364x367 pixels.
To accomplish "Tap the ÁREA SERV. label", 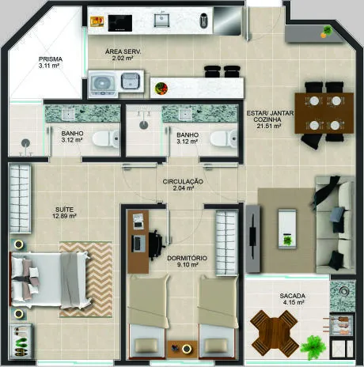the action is (123, 52).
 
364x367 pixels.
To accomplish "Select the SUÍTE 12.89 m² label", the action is (64, 213).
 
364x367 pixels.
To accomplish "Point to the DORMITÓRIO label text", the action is (187, 258).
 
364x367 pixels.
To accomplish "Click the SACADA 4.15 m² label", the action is (293, 299).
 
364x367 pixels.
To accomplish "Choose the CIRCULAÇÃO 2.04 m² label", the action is (183, 185).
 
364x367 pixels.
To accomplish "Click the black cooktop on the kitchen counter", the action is (120, 23).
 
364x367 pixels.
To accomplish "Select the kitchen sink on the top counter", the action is (161, 20).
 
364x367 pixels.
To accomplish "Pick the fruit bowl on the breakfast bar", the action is (161, 88).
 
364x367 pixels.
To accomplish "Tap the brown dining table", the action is (324, 113).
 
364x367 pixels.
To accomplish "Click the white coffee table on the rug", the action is (287, 229).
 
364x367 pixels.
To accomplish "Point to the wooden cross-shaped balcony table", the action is (274, 330).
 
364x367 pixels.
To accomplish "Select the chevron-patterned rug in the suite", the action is (86, 279).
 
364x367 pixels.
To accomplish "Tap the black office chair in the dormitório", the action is (156, 245).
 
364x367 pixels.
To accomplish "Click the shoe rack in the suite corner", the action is (21, 342).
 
